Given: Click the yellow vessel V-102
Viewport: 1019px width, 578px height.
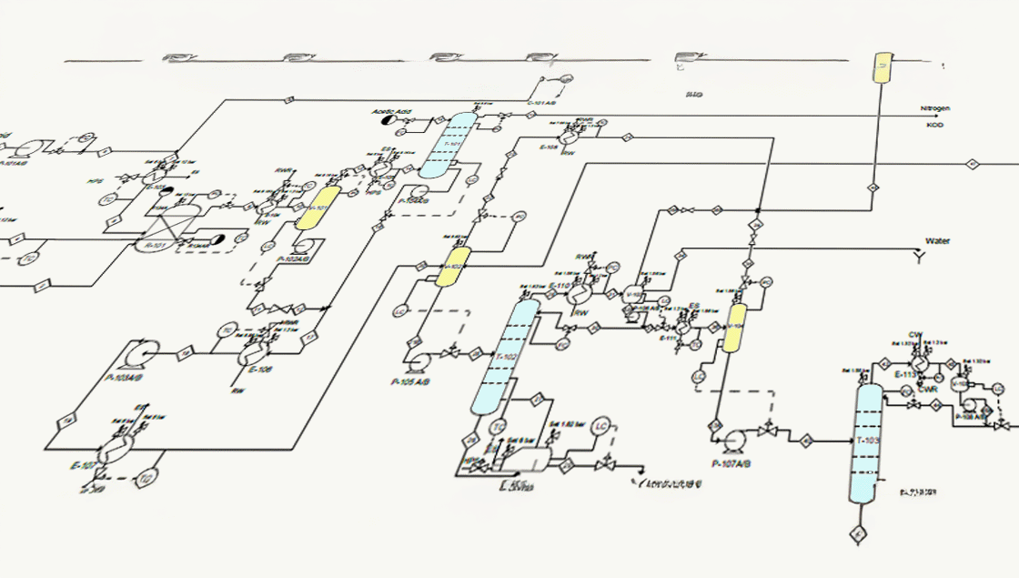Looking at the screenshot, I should pyautogui.click(x=453, y=266).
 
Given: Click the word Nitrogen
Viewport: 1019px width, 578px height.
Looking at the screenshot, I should pyautogui.click(x=934, y=108).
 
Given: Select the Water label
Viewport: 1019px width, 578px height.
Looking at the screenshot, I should pyautogui.click(x=937, y=241).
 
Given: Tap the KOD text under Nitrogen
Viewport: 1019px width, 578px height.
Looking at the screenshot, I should pyautogui.click(x=934, y=125).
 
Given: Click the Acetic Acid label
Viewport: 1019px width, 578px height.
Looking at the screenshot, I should pyautogui.click(x=391, y=112).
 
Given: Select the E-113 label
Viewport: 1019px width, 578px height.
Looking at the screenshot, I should pyautogui.click(x=904, y=374).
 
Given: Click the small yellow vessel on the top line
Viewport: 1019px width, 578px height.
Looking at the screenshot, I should pyautogui.click(x=882, y=68).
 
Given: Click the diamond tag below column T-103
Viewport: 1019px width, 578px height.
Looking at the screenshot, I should pyautogui.click(x=856, y=532).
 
